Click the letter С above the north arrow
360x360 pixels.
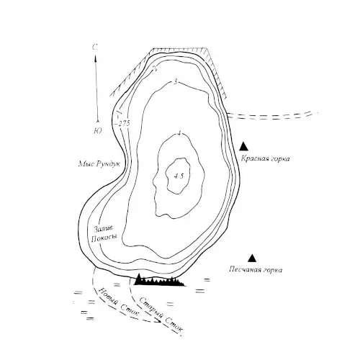(95, 48)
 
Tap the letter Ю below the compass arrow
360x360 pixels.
(98, 131)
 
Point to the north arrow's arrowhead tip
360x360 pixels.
(95, 56)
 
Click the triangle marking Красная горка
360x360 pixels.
(243, 146)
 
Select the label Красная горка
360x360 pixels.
(265, 158)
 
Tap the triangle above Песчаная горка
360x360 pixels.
(252, 258)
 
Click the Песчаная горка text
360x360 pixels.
(256, 270)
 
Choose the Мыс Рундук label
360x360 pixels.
(99, 164)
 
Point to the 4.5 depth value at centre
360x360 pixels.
(179, 176)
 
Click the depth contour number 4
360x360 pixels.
(178, 133)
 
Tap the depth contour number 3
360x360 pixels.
(176, 82)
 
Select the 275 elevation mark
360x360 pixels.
(123, 124)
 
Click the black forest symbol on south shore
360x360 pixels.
(159, 280)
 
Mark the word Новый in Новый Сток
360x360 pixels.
(110, 297)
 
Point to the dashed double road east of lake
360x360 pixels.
(272, 115)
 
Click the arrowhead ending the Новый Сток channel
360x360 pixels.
(158, 320)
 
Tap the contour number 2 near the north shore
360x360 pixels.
(156, 68)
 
